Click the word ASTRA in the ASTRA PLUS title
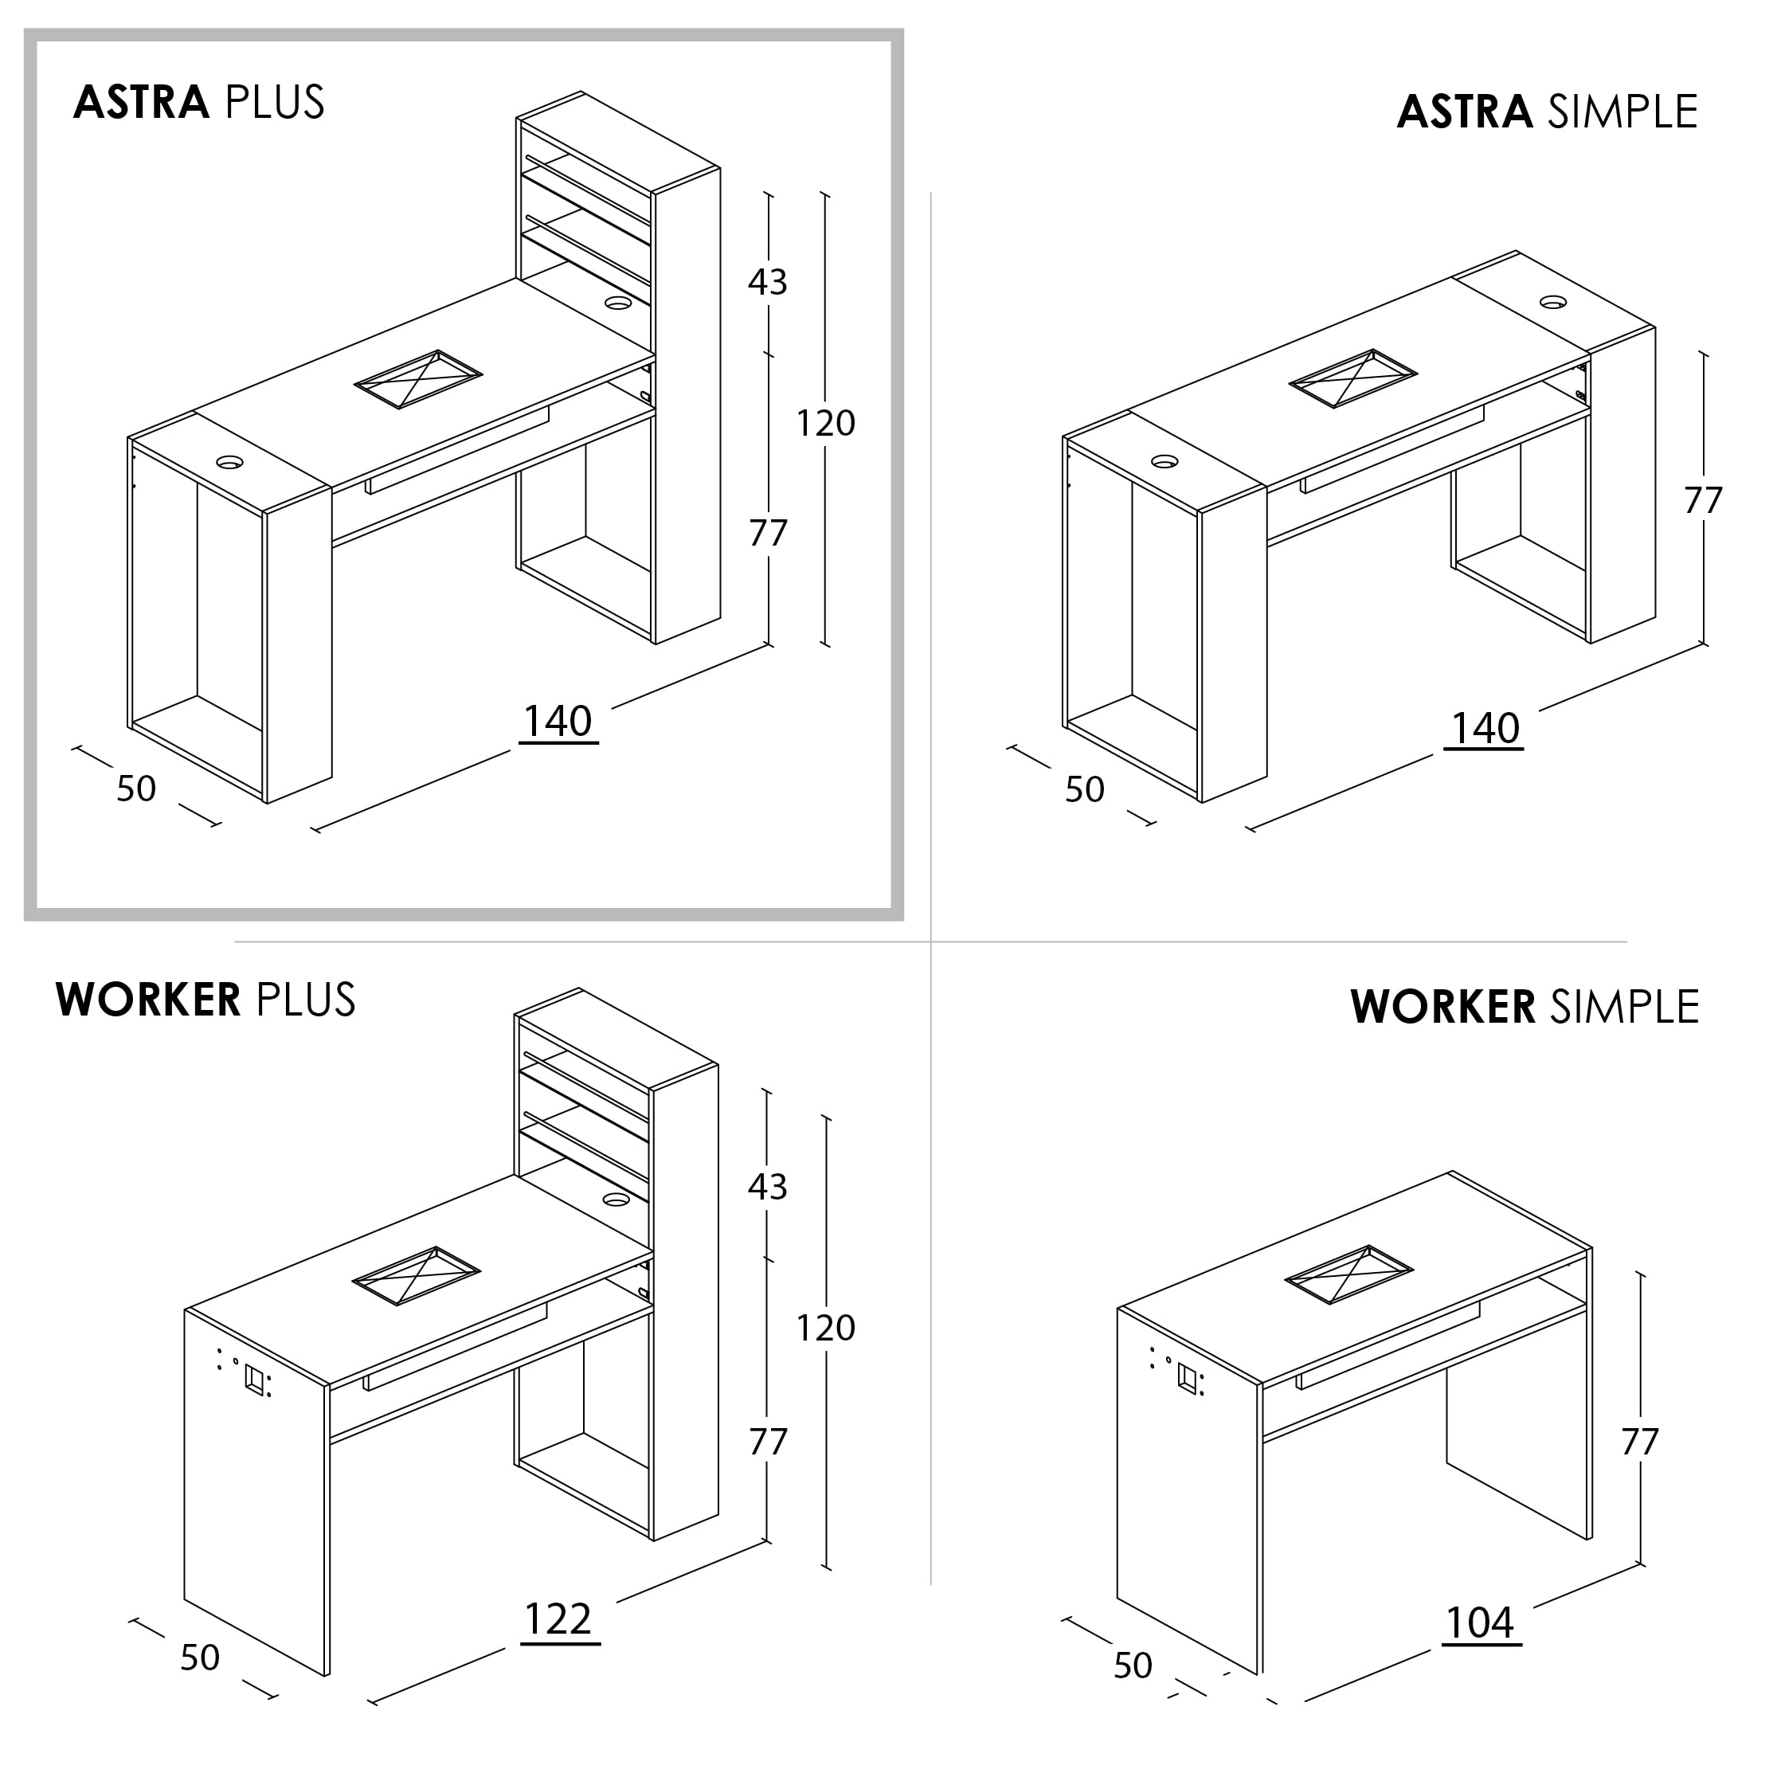(142, 102)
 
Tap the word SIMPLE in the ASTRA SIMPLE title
(1622, 112)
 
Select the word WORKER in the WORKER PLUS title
(148, 1000)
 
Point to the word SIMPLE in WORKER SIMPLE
(1624, 1007)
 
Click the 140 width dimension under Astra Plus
(558, 722)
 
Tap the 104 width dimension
(1481, 1623)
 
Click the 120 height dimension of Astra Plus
(825, 423)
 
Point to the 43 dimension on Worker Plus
(768, 1188)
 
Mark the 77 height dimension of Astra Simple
(1702, 501)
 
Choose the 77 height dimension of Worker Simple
(1640, 1442)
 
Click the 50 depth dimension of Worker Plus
(200, 1658)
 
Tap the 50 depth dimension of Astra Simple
(1084, 790)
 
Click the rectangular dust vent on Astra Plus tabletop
(418, 379)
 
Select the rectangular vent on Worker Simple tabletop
(1348, 1276)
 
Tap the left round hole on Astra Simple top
(1164, 461)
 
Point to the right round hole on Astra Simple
(1553, 301)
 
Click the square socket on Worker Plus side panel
(255, 1379)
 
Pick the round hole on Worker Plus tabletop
(616, 1199)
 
